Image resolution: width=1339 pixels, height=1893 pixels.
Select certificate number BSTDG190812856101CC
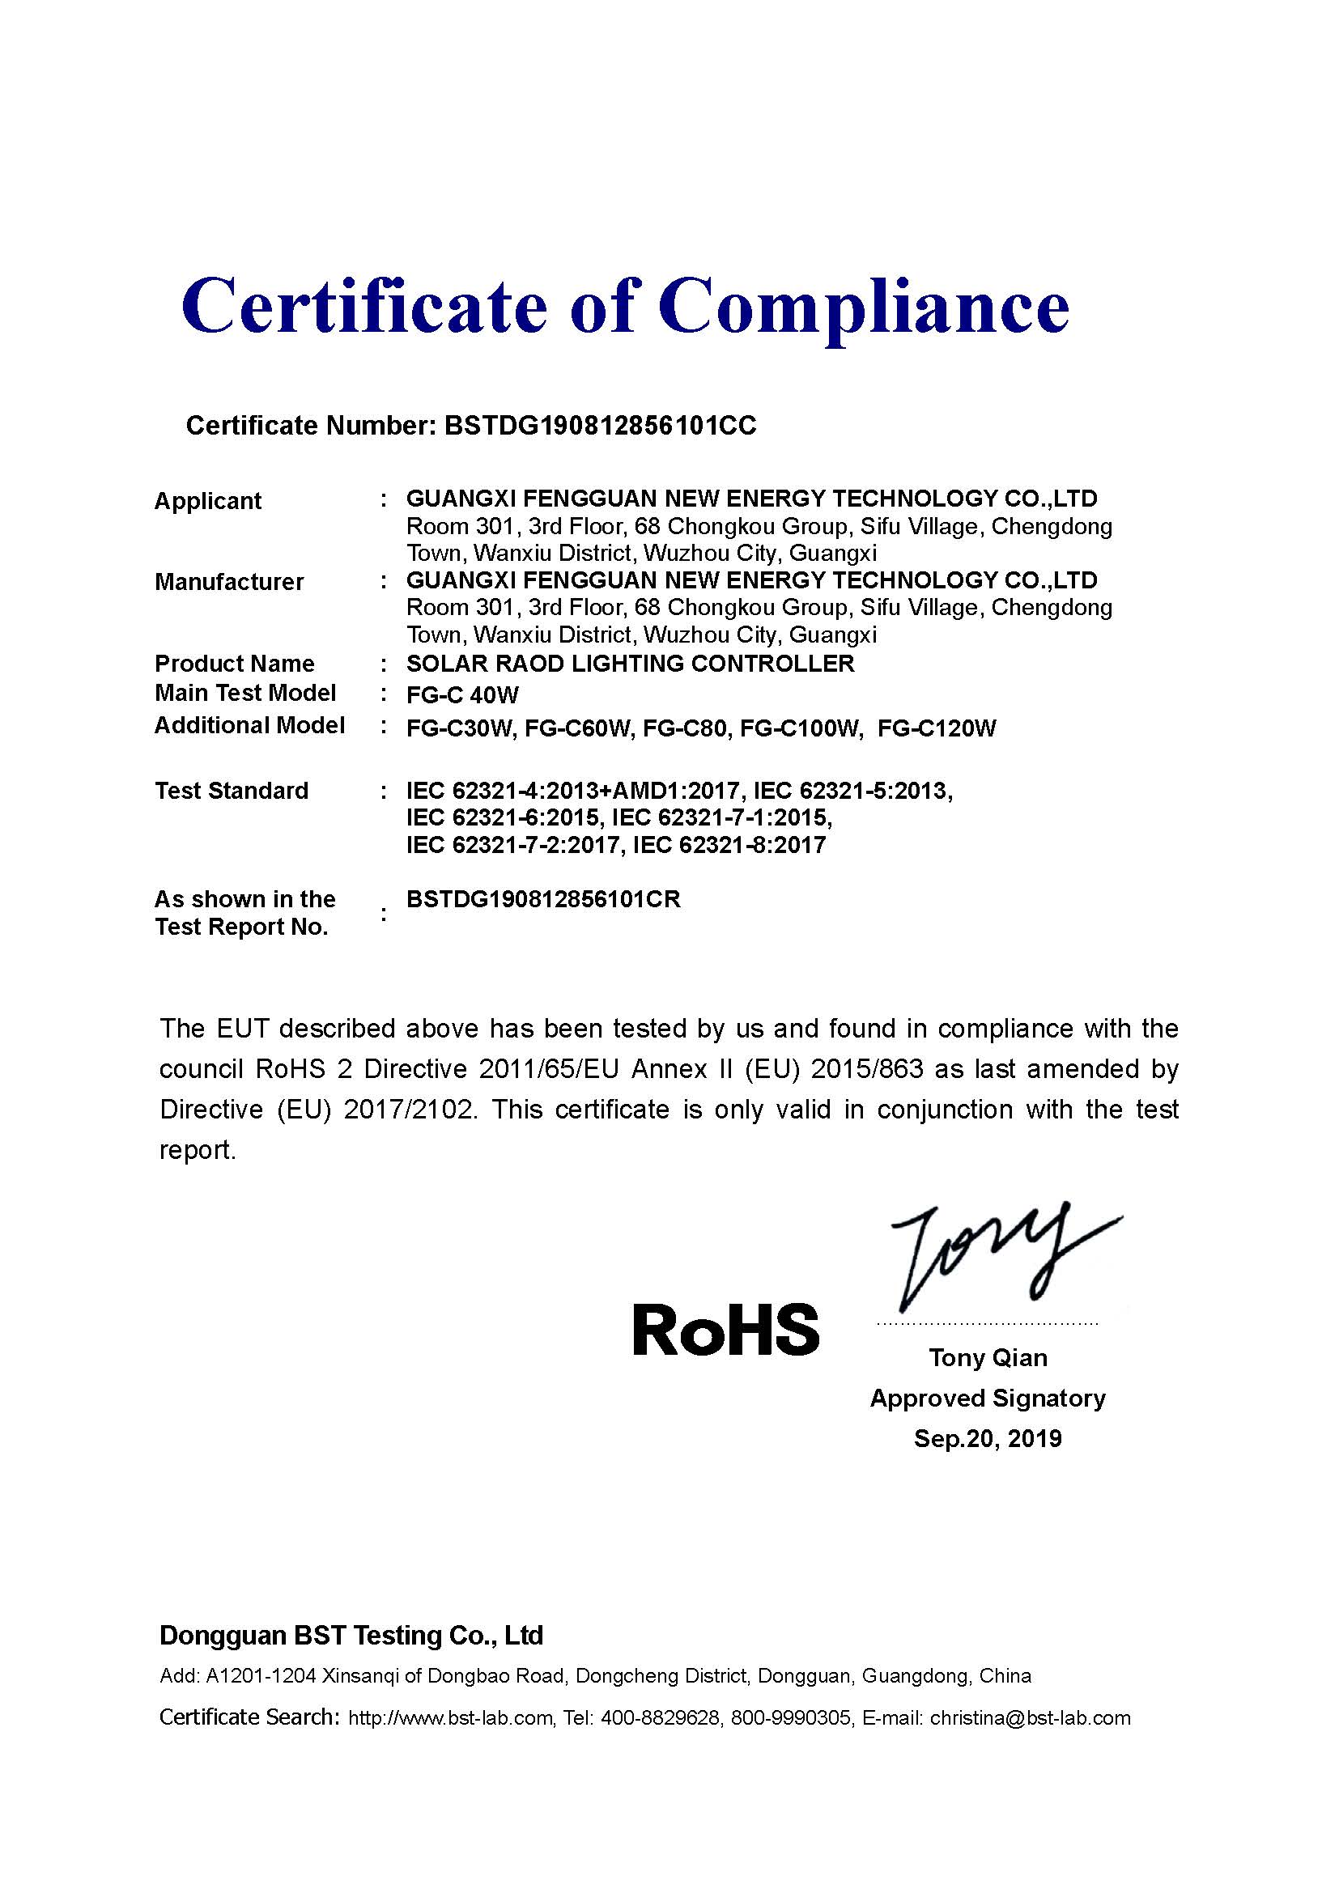[599, 426]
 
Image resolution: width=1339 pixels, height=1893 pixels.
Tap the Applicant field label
[208, 501]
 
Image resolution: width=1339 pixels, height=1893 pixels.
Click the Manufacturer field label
[229, 582]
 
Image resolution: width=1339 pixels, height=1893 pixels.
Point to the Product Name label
[234, 664]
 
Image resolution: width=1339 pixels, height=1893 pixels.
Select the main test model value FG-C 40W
[461, 695]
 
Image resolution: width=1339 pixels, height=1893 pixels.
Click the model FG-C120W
[937, 729]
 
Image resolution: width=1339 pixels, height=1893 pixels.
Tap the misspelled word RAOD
[520, 664]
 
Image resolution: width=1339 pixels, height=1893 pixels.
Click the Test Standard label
[232, 791]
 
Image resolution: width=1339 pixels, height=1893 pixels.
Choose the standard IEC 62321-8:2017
[729, 845]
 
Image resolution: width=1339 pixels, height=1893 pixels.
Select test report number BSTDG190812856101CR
[543, 899]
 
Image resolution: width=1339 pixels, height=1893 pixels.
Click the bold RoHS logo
[725, 1329]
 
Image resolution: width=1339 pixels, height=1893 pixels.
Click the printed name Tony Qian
[988, 1357]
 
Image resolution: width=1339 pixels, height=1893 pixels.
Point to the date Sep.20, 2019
[988, 1438]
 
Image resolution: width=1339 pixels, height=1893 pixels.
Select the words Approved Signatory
[988, 1398]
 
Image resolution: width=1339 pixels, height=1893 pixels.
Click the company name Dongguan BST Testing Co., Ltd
[351, 1635]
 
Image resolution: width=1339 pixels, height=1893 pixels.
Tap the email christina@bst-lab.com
[1030, 1717]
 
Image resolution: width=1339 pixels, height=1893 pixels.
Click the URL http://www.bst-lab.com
[450, 1717]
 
